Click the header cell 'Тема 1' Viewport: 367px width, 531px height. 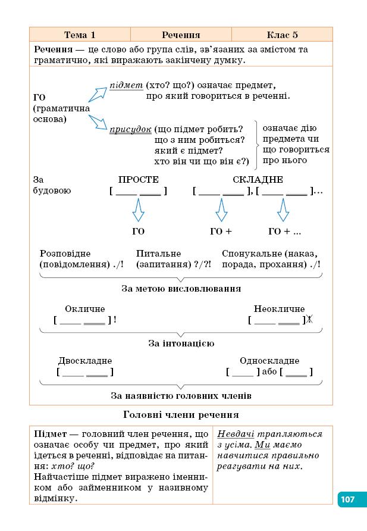[x=80, y=35]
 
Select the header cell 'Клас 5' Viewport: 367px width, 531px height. [x=282, y=35]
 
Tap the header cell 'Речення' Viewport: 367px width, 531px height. [x=181, y=35]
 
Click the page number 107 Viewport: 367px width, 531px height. [x=347, y=499]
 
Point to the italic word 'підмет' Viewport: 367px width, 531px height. [x=123, y=85]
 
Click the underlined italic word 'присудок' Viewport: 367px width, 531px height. [x=130, y=129]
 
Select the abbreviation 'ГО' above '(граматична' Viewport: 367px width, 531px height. [x=40, y=98]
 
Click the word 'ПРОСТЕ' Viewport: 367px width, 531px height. [x=138, y=180]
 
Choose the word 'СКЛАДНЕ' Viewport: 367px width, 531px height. [x=258, y=180]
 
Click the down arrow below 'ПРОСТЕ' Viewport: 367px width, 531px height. [x=138, y=210]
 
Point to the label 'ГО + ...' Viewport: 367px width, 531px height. [x=284, y=232]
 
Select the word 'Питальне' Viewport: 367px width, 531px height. [x=158, y=254]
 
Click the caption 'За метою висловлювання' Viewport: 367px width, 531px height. [x=181, y=289]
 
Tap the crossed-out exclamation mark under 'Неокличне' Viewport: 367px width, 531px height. [x=309, y=320]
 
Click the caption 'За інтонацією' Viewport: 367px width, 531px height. [x=181, y=343]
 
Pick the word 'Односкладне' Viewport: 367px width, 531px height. [x=269, y=361]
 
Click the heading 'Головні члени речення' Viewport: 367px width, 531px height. [x=181, y=414]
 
